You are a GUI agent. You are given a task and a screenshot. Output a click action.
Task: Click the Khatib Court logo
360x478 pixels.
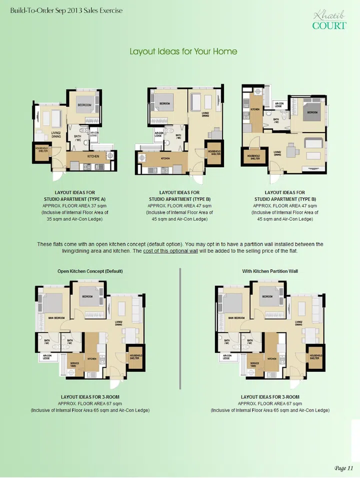(328, 20)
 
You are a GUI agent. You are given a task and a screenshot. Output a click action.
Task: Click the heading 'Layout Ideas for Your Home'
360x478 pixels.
(183, 52)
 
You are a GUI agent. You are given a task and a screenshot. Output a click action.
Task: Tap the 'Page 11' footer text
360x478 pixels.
(343, 468)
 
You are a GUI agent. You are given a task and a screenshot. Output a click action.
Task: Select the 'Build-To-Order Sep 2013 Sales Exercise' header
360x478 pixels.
(62, 11)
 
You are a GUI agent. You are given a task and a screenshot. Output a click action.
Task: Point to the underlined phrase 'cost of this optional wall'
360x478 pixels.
(170, 251)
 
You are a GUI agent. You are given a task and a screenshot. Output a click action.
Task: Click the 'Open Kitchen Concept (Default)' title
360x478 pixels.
(89, 271)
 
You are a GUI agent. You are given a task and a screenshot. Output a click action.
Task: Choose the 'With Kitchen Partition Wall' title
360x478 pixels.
(270, 271)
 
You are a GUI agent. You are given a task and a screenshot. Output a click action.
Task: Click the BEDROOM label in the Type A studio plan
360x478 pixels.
(84, 106)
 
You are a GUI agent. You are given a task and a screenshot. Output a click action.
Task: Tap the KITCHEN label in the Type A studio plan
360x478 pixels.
(93, 156)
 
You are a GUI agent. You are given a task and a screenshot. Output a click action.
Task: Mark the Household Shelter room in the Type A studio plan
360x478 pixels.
(41, 151)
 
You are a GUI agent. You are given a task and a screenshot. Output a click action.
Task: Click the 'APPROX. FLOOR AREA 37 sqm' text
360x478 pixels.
(74, 206)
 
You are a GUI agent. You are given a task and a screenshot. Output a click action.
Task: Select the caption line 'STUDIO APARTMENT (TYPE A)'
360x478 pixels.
(74, 199)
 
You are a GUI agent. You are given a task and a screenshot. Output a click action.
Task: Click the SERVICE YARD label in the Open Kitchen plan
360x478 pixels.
(74, 364)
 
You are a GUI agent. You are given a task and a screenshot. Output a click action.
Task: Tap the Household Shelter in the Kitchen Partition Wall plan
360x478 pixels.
(314, 356)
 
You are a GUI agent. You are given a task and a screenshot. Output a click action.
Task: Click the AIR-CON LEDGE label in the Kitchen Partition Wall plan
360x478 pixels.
(226, 357)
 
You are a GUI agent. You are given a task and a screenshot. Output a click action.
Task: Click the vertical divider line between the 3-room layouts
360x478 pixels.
(180, 331)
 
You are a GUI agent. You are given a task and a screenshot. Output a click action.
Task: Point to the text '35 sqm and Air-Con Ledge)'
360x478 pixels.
(74, 219)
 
